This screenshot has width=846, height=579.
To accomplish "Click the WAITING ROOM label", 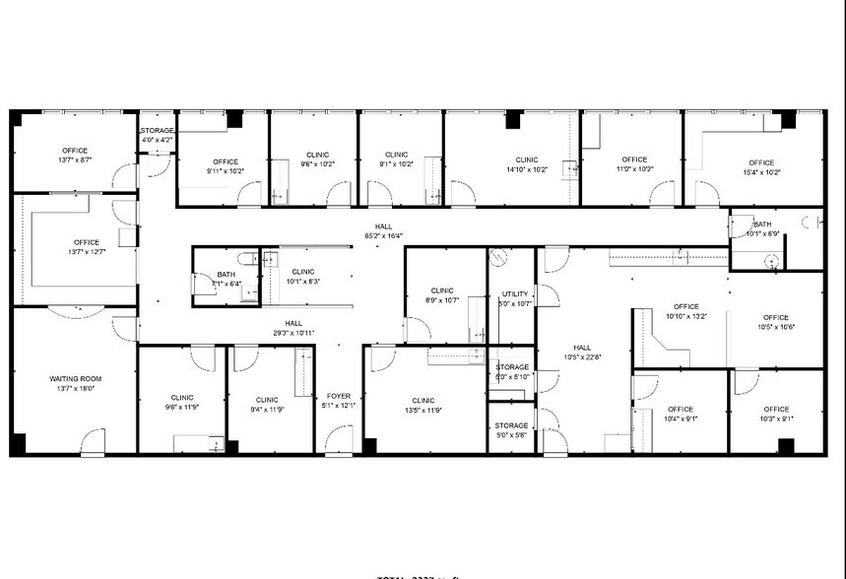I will [x=76, y=378].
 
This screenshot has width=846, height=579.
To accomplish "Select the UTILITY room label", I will [x=515, y=293].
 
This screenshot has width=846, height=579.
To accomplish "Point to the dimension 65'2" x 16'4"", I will [x=384, y=235].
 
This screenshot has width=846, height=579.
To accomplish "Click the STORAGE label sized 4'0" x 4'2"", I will [x=157, y=130].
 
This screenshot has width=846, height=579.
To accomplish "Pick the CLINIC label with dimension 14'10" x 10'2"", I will [x=527, y=160].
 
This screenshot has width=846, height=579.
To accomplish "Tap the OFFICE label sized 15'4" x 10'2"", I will [x=760, y=162].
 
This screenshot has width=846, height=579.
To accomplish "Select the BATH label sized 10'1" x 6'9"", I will [x=762, y=224].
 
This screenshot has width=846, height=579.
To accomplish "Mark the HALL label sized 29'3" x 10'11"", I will [x=293, y=323].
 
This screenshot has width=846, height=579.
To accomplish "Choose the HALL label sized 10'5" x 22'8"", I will [x=583, y=347].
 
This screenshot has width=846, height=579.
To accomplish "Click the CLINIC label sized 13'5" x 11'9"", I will [x=423, y=401].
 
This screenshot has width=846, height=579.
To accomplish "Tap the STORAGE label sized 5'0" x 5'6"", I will [x=511, y=425].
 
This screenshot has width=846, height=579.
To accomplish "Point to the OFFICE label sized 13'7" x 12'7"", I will [x=86, y=242].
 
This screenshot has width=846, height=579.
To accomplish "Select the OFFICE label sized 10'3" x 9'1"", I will [x=776, y=410].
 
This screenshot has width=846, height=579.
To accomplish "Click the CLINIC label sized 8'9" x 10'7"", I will [x=441, y=290].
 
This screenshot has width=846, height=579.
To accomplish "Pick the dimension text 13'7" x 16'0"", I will [x=76, y=389].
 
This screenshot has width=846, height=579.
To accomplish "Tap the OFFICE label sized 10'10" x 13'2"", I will [x=686, y=306].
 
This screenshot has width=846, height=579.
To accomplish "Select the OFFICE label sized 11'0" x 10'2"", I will [x=634, y=160].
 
